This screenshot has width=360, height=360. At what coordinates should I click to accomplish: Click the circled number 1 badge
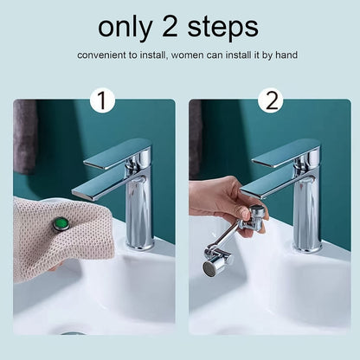click(x=102, y=101)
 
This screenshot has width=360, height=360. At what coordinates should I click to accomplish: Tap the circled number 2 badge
click(x=272, y=101)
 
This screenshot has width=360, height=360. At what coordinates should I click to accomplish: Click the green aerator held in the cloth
click(x=61, y=223)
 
